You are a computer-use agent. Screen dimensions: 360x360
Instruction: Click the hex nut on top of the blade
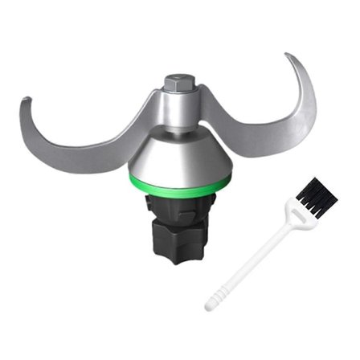pyautogui.click(x=176, y=84)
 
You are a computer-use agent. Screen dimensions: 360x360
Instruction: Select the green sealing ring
pyautogui.click(x=178, y=184)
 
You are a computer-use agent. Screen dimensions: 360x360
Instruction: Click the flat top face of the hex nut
pyautogui.click(x=176, y=79)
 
